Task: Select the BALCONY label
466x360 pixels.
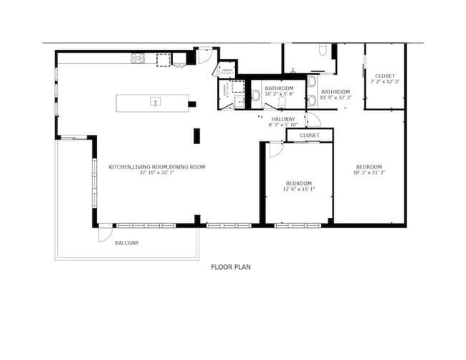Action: coord(127,243)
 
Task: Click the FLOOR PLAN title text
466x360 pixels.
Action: coord(230,267)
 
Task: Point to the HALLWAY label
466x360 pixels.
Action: coord(282,119)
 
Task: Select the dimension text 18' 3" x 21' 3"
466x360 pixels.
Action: coord(370,173)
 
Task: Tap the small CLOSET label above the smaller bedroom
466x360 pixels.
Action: coord(310,135)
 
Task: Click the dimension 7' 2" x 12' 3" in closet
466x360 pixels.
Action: coord(384,82)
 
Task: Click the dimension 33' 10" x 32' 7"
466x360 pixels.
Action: coord(157,173)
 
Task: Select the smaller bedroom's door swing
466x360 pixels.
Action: coord(275,149)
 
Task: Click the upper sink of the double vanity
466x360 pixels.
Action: coord(312,82)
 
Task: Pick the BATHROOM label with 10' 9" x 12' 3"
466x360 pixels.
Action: coord(335,92)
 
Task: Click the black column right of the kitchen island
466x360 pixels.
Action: coord(192,104)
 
